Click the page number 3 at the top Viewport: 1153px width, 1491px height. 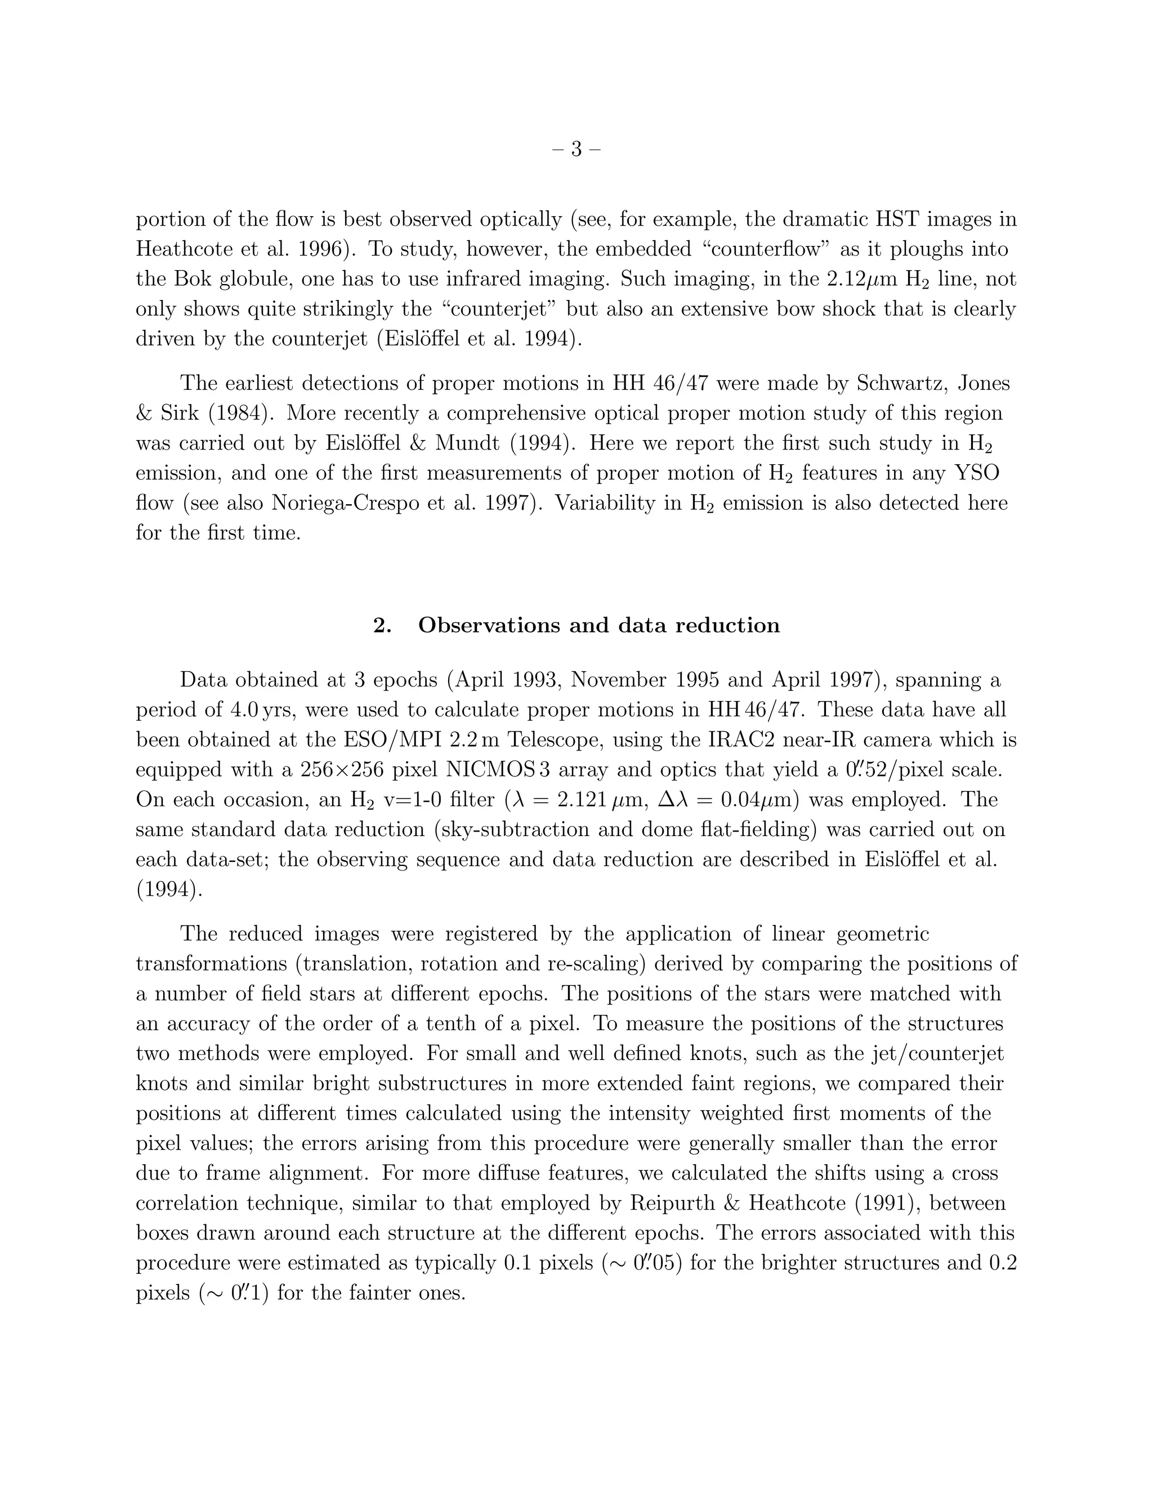point(576,149)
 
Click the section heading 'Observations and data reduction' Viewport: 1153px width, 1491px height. point(598,625)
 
